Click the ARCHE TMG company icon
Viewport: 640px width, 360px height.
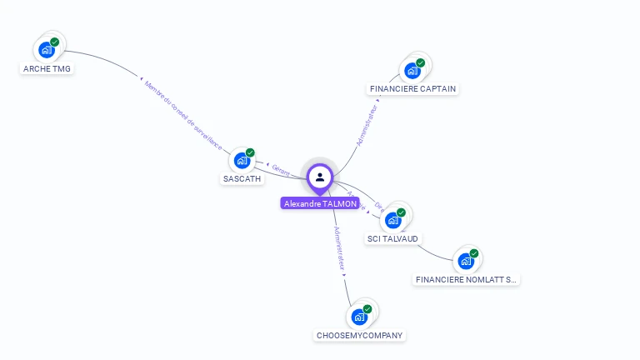[x=47, y=50]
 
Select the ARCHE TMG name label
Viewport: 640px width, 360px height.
[x=47, y=69]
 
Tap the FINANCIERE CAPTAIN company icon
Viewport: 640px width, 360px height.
[x=412, y=70]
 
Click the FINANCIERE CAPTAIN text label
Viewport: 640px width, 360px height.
[x=412, y=89]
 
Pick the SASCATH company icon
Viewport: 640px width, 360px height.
[x=242, y=160]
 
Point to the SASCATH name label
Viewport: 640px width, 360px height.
[x=242, y=178]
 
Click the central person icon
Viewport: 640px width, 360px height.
[x=320, y=177]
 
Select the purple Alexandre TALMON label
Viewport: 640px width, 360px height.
[x=321, y=203]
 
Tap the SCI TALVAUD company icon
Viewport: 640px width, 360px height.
[x=392, y=220]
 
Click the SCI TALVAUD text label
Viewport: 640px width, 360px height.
[x=392, y=239]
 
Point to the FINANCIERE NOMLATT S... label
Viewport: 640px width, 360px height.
[x=467, y=280]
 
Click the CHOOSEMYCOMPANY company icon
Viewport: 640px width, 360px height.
[x=359, y=317]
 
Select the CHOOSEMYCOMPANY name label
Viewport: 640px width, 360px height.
[x=360, y=336]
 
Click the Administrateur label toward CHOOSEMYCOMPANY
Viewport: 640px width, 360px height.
[x=338, y=249]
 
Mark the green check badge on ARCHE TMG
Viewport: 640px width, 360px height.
[x=55, y=42]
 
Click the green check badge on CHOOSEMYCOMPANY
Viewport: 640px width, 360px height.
[x=367, y=309]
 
